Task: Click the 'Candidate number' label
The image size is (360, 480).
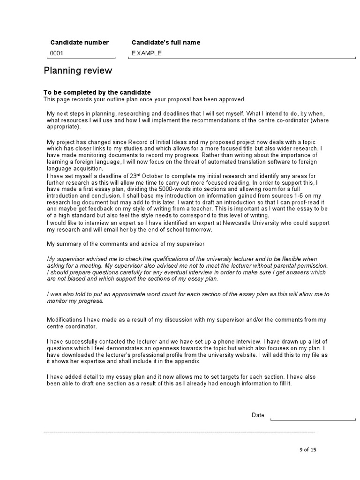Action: point(79,43)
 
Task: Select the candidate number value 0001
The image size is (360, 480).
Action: point(56,53)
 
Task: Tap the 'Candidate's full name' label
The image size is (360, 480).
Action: point(165,43)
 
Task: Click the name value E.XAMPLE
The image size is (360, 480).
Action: point(146,53)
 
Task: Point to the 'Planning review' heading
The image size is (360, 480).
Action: point(78,71)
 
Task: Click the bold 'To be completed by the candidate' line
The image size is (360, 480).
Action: point(97,92)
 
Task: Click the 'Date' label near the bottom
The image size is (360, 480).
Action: point(258,415)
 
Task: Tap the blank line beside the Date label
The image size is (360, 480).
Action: point(313,419)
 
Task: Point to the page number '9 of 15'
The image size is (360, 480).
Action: point(308,450)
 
